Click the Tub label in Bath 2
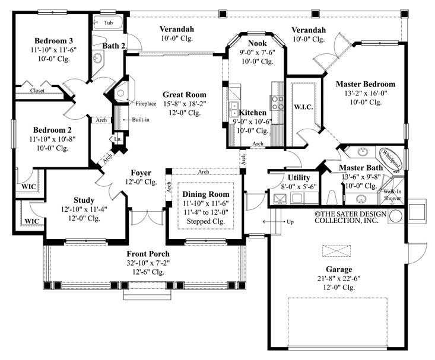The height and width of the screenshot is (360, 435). coord(109,23)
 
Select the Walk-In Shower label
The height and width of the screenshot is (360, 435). coord(392,195)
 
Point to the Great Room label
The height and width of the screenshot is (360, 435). coord(185,94)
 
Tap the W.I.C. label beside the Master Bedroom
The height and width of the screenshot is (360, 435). coord(304,107)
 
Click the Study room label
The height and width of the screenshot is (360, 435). coord(84,200)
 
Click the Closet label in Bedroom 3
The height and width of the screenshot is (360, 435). coord(37,91)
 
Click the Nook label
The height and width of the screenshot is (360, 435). coord(257,43)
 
